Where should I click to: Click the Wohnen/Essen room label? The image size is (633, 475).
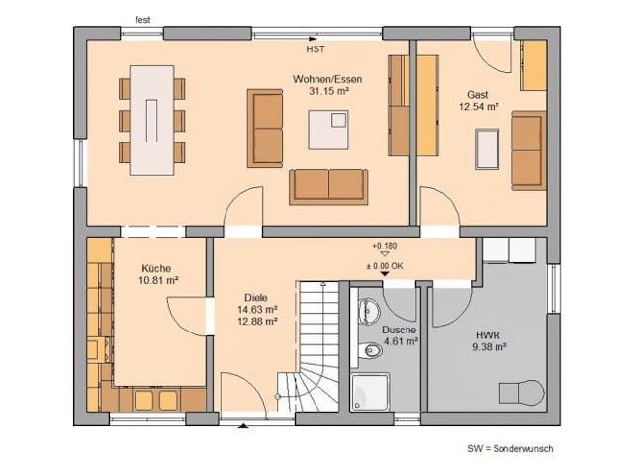(x=324, y=78)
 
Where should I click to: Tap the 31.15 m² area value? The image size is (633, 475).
(x=324, y=91)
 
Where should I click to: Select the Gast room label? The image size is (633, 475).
(x=478, y=95)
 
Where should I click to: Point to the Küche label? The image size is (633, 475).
(x=155, y=268)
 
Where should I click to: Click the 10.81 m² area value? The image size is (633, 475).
(x=155, y=281)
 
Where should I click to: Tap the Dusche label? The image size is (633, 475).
(x=400, y=330)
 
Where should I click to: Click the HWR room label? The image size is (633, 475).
(x=489, y=333)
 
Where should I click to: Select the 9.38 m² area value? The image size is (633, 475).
(x=489, y=347)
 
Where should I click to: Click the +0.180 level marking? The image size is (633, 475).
(x=384, y=244)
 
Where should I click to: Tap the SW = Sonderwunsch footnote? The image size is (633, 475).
(x=510, y=448)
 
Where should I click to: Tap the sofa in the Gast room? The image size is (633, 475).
(x=528, y=150)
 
